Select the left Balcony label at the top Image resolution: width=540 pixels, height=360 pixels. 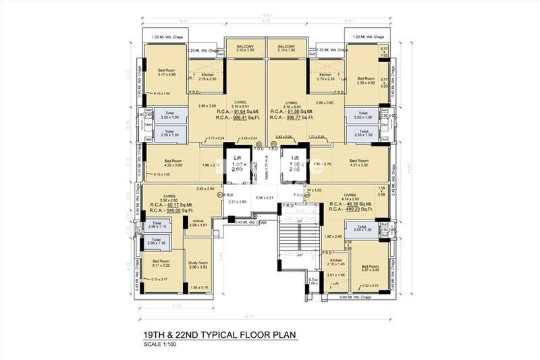pyautogui.click(x=246, y=48)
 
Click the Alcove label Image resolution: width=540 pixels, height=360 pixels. pyautogui.click(x=198, y=222)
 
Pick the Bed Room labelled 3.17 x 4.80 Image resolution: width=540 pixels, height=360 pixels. pyautogui.click(x=167, y=72)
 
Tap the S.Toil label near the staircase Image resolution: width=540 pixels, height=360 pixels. pyautogui.click(x=313, y=280)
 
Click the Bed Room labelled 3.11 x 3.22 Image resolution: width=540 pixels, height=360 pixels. pyautogui.click(x=161, y=263)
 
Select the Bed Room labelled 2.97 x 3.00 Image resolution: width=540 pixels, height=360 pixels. pyautogui.click(x=370, y=268)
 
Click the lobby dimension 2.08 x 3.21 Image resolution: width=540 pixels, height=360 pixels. pyautogui.click(x=268, y=197)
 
